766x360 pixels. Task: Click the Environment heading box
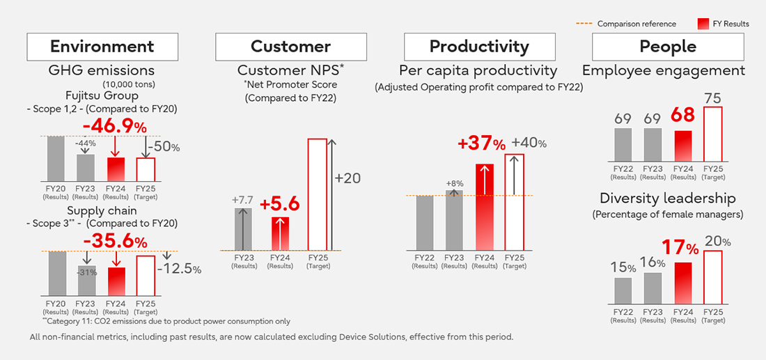click(x=101, y=47)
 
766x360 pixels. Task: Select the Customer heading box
click(x=290, y=47)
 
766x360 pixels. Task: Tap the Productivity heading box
click(x=478, y=47)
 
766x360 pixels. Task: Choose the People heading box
click(x=667, y=47)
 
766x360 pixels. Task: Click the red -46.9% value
click(x=116, y=127)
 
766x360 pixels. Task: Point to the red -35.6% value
click(x=116, y=242)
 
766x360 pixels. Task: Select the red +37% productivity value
click(x=481, y=144)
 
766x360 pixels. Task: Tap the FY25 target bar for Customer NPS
click(x=317, y=194)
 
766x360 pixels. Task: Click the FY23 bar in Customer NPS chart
click(x=244, y=228)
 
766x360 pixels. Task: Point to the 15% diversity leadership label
click(x=623, y=267)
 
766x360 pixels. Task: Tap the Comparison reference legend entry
click(x=626, y=24)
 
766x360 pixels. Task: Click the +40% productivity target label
click(x=529, y=143)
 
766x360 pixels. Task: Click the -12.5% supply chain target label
click(x=180, y=269)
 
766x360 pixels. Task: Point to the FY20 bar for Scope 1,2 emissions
click(x=56, y=158)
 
